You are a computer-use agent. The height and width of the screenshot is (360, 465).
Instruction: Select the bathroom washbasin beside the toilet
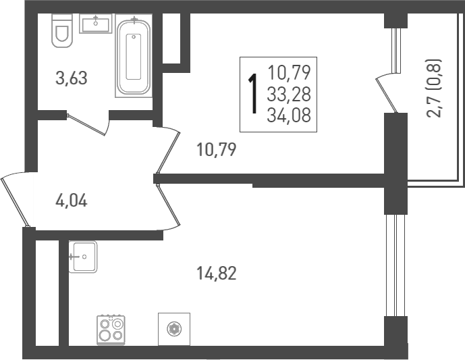96,24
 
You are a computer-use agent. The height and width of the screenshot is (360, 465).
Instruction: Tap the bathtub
134,57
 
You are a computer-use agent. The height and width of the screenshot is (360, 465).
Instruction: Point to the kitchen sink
84,257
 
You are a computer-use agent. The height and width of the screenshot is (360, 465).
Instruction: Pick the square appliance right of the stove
174,329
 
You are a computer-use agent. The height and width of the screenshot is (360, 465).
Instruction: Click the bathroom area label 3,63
72,78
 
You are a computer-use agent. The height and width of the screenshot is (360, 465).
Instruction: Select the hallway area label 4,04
72,200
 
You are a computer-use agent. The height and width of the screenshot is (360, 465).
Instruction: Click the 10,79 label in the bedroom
215,149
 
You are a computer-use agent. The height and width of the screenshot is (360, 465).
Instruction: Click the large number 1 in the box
254,95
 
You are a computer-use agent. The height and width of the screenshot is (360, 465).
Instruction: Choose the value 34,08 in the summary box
289,115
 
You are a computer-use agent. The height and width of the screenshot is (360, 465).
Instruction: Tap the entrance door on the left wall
15,199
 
